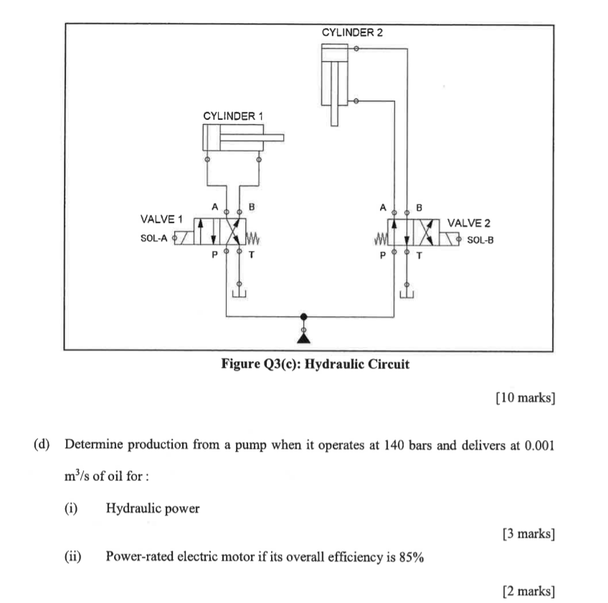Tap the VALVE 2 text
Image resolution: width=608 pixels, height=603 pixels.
pos(468,224)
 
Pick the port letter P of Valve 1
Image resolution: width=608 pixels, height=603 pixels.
pos(214,255)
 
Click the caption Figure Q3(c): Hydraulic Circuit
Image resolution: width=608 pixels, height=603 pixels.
pos(315,364)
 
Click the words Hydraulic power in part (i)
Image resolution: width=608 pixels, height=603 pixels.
pos(153,508)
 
